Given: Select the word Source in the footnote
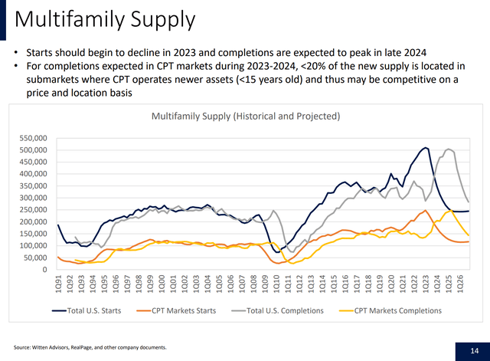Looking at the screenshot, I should [x=23, y=346].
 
